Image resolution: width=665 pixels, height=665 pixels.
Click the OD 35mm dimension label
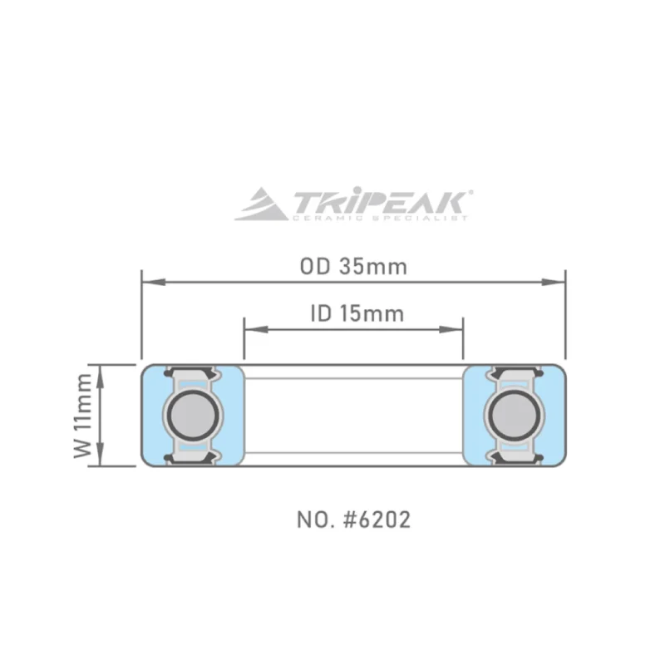tap(353, 267)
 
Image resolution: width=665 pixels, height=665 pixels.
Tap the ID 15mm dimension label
tap(357, 314)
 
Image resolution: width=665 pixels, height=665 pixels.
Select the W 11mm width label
tap(82, 416)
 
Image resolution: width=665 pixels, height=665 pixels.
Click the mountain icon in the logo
tap(261, 204)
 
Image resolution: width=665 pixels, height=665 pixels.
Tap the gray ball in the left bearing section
tap(193, 415)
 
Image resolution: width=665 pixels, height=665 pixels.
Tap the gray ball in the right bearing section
tap(515, 415)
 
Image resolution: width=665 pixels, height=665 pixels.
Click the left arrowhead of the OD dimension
tap(154, 282)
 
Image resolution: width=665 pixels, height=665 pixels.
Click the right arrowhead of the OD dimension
tap(554, 282)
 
